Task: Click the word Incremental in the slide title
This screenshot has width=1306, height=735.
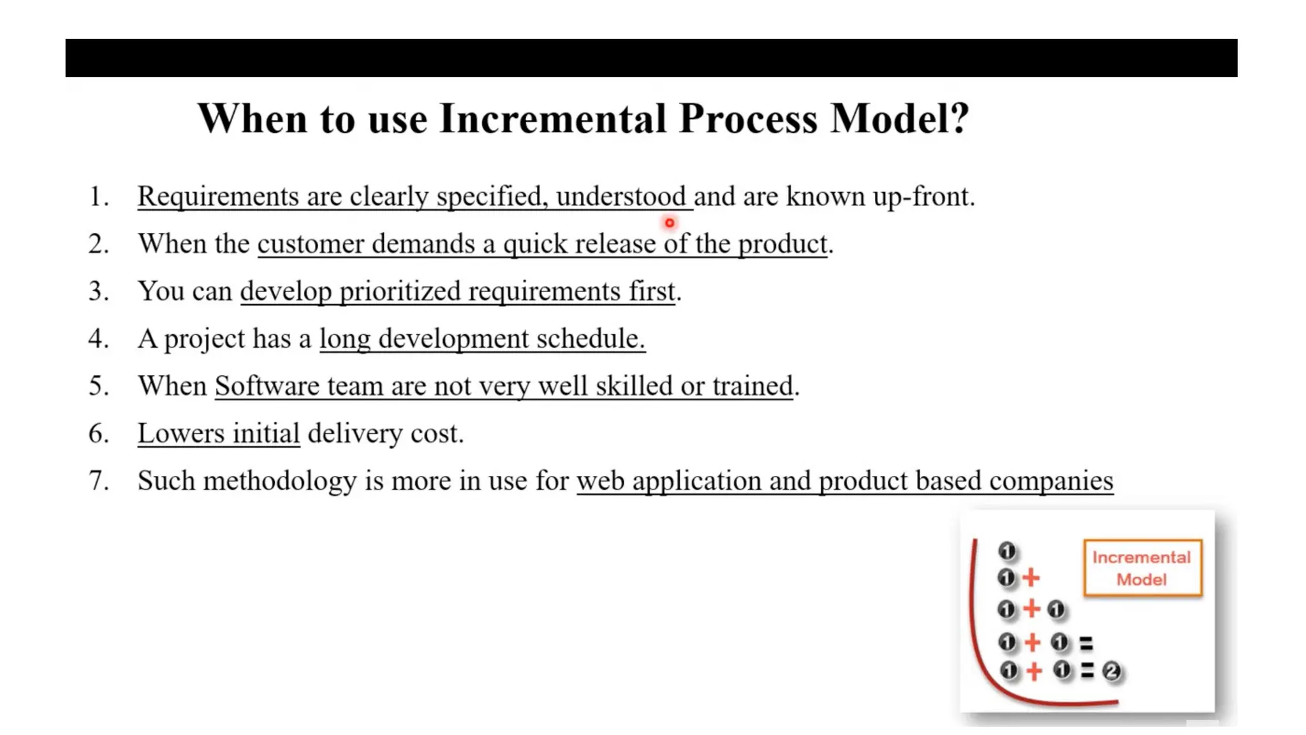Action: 553,119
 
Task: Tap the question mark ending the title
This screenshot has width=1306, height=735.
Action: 958,119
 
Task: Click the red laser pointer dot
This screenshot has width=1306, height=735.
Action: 669,223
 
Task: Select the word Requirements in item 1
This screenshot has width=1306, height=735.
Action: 218,197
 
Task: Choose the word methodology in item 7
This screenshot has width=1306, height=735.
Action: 280,481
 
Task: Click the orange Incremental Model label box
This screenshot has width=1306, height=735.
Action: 1142,568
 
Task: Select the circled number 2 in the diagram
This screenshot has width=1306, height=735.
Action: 1112,671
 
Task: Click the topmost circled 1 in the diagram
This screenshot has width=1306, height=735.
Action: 1007,550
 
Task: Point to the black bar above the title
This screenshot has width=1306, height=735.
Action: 650,58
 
